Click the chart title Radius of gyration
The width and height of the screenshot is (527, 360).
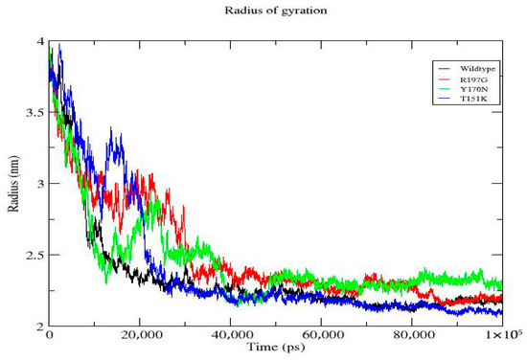click(276, 11)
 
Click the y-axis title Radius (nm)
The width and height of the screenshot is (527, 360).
click(13, 184)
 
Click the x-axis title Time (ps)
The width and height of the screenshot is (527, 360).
click(276, 347)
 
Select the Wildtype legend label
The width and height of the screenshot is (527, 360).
click(477, 69)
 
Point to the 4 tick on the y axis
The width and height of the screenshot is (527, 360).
click(40, 41)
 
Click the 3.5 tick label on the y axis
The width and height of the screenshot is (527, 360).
click(34, 112)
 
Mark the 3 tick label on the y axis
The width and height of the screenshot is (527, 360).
click(41, 184)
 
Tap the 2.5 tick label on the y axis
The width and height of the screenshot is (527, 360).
click(34, 255)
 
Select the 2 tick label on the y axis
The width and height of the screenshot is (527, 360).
click(40, 326)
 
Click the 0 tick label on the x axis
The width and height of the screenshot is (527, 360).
click(50, 335)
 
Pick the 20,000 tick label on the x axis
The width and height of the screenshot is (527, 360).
click(140, 335)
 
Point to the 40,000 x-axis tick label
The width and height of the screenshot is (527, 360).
click(231, 335)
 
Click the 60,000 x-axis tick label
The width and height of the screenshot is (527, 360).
click(321, 335)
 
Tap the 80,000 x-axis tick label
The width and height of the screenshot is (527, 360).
click(412, 335)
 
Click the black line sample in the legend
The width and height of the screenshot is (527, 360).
click(445, 69)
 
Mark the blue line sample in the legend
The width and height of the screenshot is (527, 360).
click(445, 99)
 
